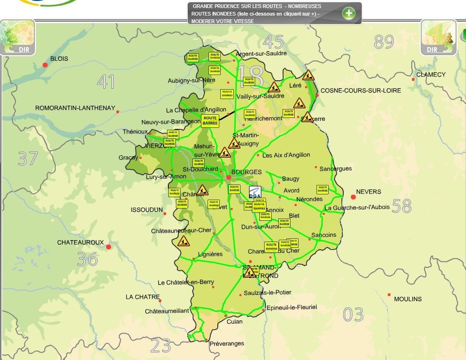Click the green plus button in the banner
(x=349, y=13)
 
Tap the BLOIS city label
(x=59, y=59)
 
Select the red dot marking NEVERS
(x=353, y=197)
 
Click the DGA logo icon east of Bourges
(x=255, y=193)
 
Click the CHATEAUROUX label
(x=80, y=243)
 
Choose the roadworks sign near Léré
(x=308, y=75)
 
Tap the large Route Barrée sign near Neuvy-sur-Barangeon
(x=210, y=121)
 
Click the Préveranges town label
(x=227, y=343)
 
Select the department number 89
(x=383, y=42)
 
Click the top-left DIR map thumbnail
(x=17, y=37)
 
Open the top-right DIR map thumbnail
(x=438, y=37)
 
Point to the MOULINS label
(x=408, y=299)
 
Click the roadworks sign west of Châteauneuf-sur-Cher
(x=183, y=241)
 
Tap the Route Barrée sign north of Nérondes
(x=323, y=189)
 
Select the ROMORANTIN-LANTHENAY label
(x=75, y=108)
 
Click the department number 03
(x=353, y=314)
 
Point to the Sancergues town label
(x=335, y=168)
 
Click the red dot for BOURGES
(x=229, y=177)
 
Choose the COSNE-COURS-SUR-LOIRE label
(x=360, y=90)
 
